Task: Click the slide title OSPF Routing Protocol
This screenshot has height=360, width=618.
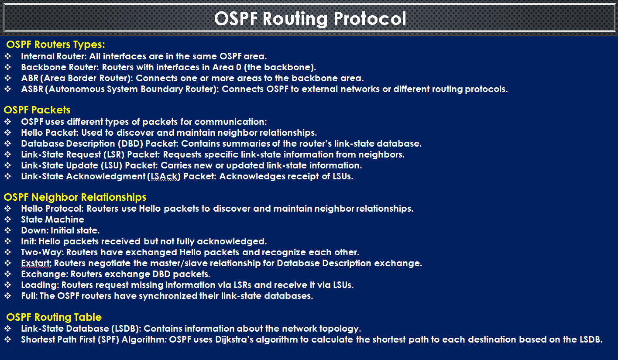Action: pyautogui.click(x=310, y=19)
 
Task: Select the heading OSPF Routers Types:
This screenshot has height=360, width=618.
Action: pyautogui.click(x=56, y=45)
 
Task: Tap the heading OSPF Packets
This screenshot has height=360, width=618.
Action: pyautogui.click(x=37, y=110)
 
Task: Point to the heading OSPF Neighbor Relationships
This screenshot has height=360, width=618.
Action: pyautogui.click(x=75, y=197)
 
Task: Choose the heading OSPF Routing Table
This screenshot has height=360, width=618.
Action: pyautogui.click(x=54, y=317)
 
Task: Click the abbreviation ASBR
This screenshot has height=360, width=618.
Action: pyautogui.click(x=32, y=89)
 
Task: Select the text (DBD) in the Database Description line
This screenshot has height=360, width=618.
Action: pyautogui.click(x=130, y=144)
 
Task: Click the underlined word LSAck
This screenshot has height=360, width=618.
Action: pyautogui.click(x=164, y=177)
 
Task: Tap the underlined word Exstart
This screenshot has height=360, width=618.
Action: pyautogui.click(x=36, y=263)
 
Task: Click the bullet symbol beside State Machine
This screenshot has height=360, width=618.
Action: pyautogui.click(x=8, y=219)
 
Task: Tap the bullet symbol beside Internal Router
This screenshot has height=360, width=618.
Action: pyautogui.click(x=8, y=56)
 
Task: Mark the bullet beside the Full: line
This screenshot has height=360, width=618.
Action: pyautogui.click(x=8, y=296)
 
